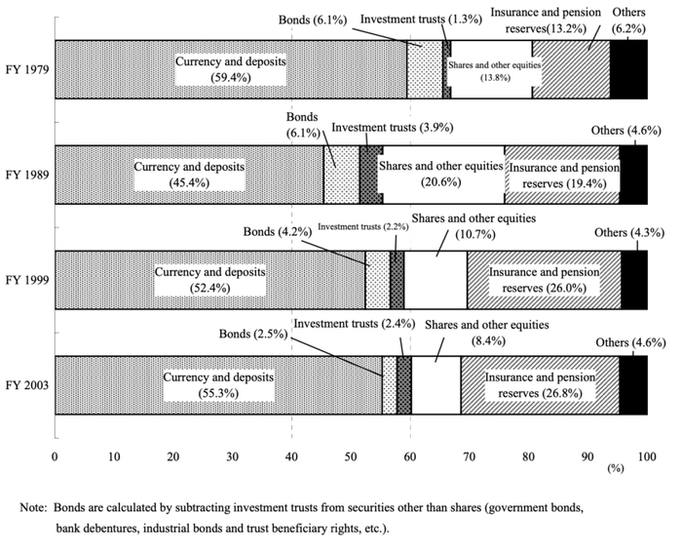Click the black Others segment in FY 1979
coord(628,70)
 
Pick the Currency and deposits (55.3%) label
coord(218,384)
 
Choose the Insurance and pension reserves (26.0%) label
coord(542,280)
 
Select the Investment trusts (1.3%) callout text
coord(413,18)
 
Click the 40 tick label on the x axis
coord(291,455)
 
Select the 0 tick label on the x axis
coord(55,455)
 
